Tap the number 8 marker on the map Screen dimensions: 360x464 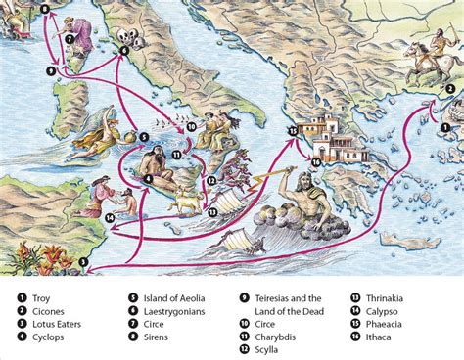(x=17, y=9)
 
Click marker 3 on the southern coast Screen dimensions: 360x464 (x=84, y=262)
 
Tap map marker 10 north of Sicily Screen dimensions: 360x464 (x=192, y=126)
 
